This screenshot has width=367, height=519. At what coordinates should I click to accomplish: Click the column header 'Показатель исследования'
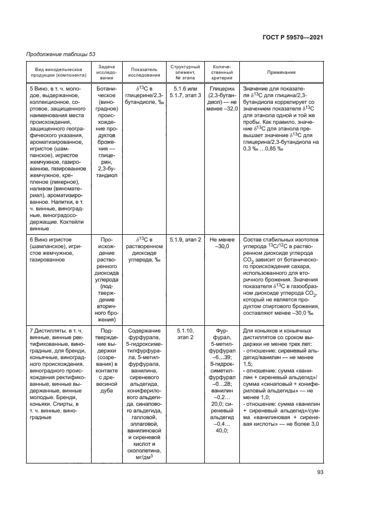(x=144, y=72)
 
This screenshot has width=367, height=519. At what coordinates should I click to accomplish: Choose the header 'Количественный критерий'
(x=223, y=72)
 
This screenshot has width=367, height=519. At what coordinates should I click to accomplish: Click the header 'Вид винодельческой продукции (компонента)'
(x=56, y=72)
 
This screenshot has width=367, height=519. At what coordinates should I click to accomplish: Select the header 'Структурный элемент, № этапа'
(x=184, y=72)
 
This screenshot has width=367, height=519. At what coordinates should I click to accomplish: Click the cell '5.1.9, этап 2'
(x=184, y=239)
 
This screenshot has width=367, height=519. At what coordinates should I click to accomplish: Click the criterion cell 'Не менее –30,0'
(x=223, y=242)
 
